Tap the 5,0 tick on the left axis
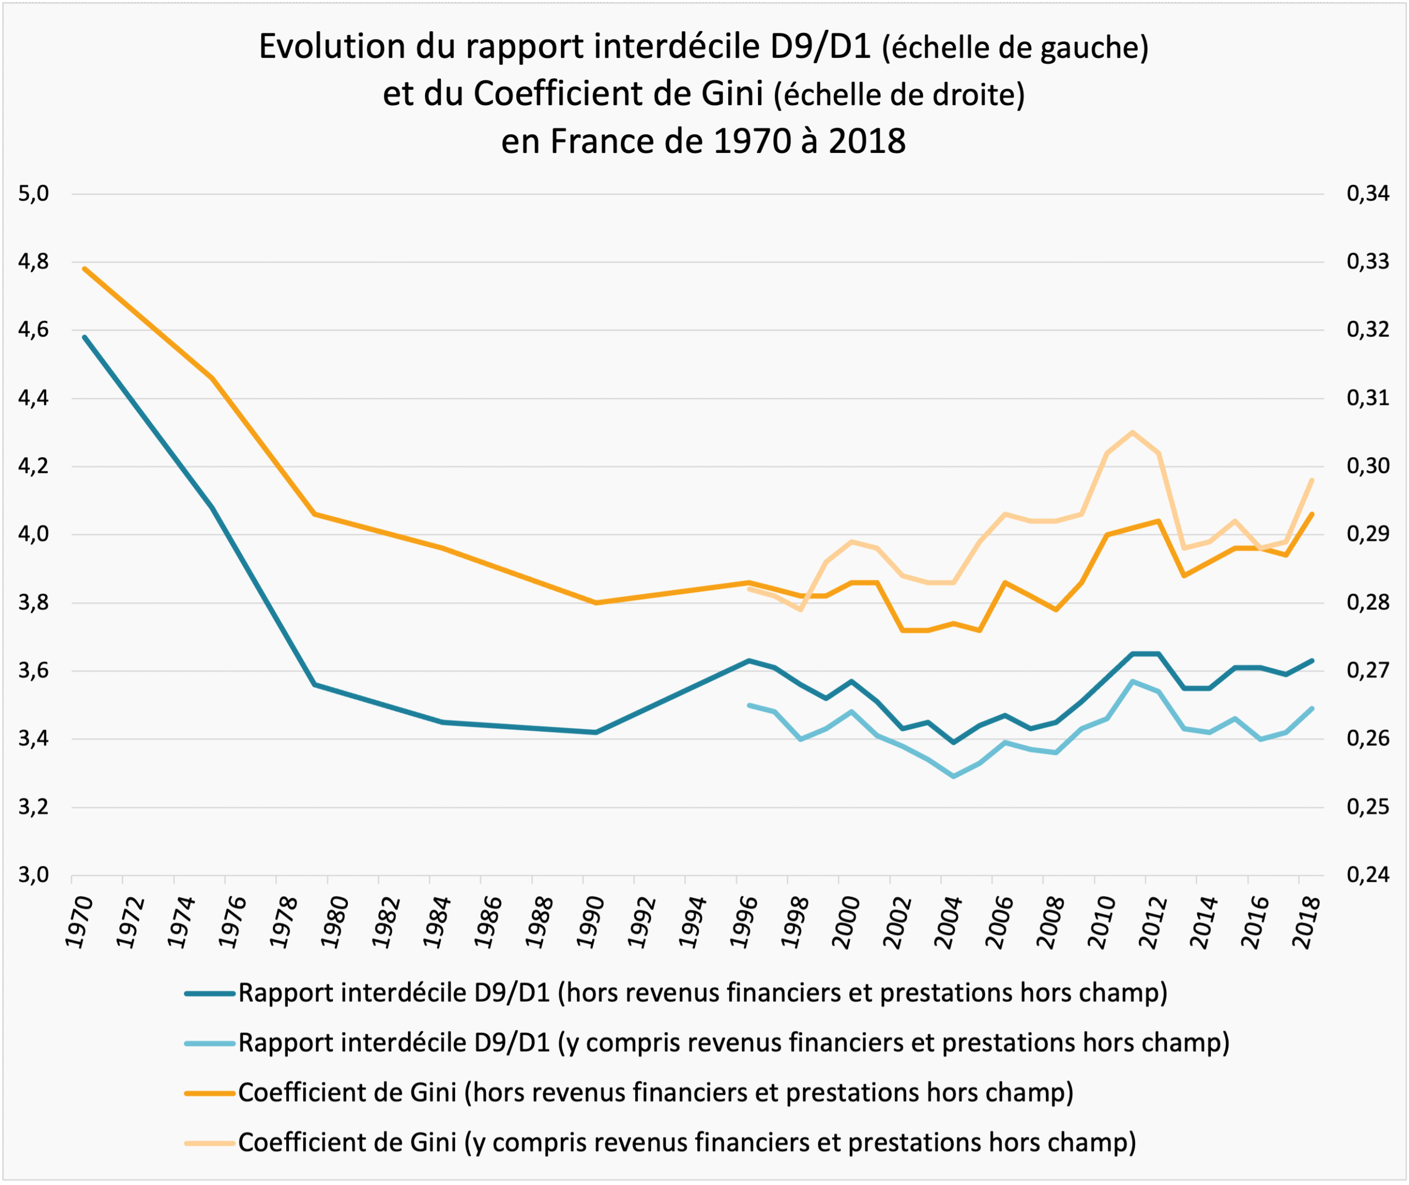(x=34, y=194)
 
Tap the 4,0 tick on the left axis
(x=34, y=535)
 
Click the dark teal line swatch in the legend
(x=210, y=993)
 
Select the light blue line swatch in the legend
(x=210, y=1043)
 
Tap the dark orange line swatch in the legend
(x=210, y=1093)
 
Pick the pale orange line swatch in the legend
(x=210, y=1143)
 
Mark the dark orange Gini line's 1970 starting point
(x=85, y=268)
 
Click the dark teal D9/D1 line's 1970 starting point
(x=85, y=337)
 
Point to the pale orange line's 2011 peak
(x=1133, y=432)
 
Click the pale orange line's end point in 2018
(x=1312, y=480)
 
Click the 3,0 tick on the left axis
(x=34, y=875)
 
